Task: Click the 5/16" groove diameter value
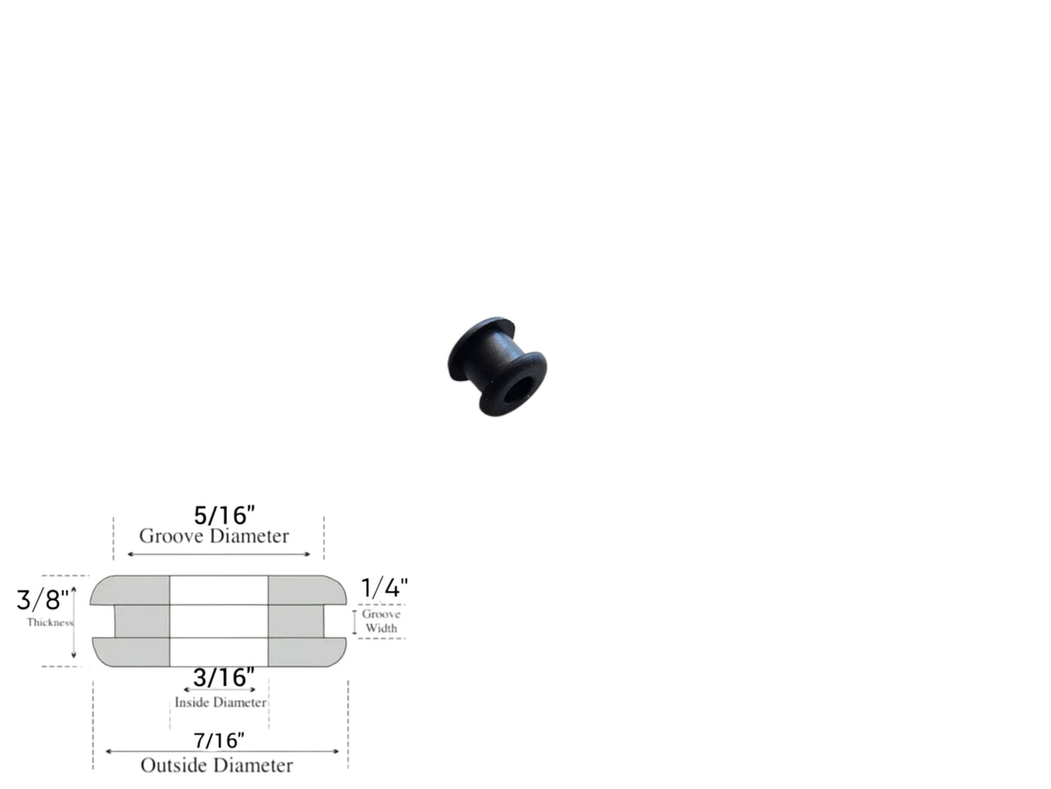(x=224, y=514)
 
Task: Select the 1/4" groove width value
(x=384, y=589)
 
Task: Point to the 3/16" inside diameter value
(x=223, y=677)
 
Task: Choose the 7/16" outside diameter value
(x=219, y=740)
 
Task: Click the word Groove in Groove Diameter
(x=170, y=536)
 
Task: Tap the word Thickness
(x=49, y=622)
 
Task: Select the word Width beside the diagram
(x=382, y=628)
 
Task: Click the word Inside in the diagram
(x=193, y=702)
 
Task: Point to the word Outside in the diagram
(x=171, y=766)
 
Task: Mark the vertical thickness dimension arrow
(x=74, y=622)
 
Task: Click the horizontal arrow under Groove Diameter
(x=218, y=554)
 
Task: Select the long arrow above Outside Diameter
(x=222, y=752)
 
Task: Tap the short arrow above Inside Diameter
(x=219, y=690)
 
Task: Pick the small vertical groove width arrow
(x=354, y=622)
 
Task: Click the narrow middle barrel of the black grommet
(x=493, y=359)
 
